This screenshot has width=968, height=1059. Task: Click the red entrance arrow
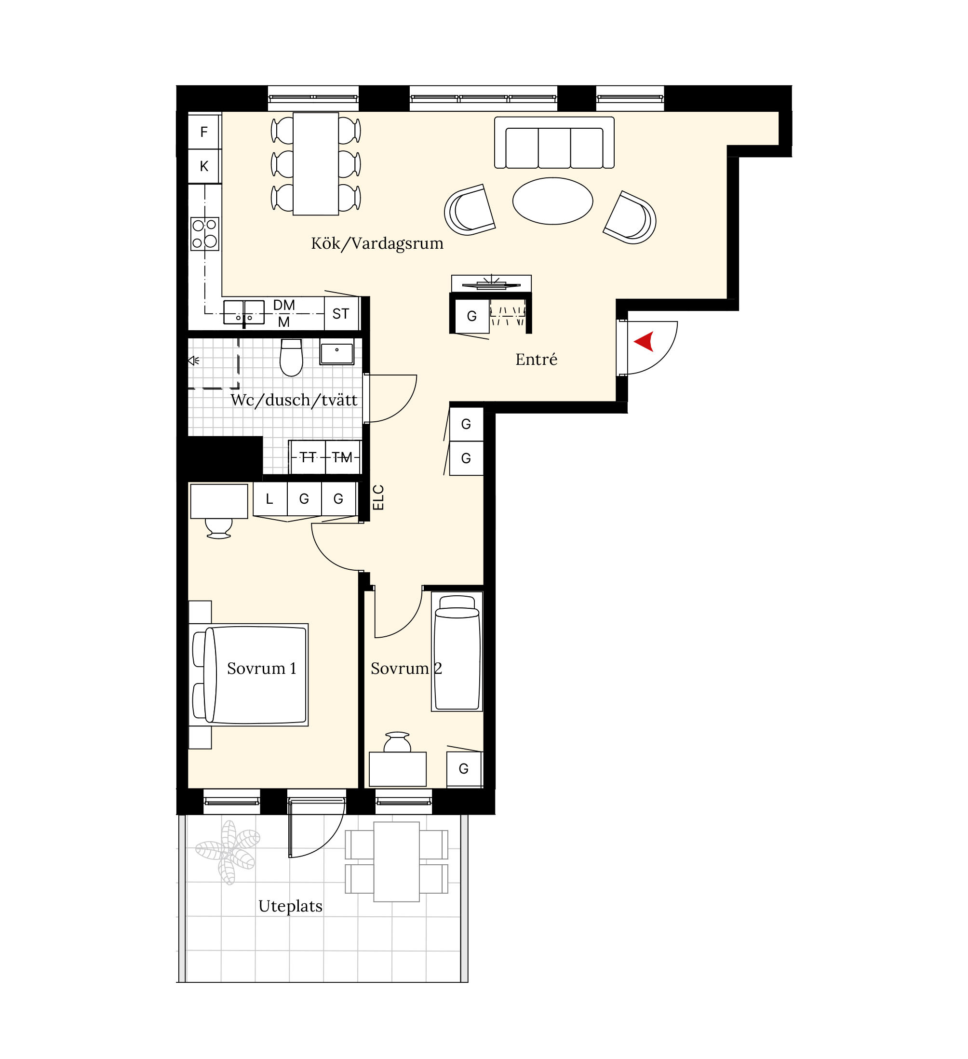645,341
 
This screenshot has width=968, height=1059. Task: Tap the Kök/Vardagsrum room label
377,243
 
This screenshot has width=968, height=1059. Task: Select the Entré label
536,359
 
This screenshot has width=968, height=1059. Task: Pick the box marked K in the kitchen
204,166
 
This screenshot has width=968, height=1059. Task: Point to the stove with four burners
204,234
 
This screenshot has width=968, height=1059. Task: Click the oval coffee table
552,201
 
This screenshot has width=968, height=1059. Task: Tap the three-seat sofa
554,142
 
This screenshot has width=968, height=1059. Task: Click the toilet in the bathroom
292,357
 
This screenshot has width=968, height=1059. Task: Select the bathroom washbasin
336,351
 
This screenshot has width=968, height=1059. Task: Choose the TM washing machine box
342,457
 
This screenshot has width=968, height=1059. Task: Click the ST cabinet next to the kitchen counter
341,314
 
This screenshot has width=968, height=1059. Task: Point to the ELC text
378,497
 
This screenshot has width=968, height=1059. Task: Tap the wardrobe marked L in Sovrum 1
269,498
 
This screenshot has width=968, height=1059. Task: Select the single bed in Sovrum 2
457,651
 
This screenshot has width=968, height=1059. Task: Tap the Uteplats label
291,906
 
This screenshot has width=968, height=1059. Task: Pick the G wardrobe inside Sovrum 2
464,769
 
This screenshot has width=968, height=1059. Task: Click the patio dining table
397,861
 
